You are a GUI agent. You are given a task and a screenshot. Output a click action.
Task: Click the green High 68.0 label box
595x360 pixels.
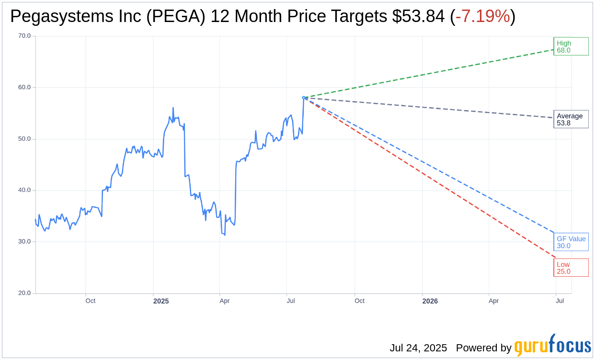(571, 46)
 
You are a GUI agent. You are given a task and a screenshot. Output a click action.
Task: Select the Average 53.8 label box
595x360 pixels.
(571, 119)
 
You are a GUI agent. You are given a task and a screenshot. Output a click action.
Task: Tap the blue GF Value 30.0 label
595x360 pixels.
(571, 242)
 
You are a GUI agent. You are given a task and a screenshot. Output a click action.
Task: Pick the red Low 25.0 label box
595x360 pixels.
(571, 268)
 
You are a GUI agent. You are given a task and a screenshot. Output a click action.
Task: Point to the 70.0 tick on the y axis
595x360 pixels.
(24, 36)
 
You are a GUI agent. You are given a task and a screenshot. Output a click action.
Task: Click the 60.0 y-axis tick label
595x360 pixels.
(24, 87)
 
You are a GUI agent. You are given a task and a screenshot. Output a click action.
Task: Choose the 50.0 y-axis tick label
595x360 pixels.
(24, 139)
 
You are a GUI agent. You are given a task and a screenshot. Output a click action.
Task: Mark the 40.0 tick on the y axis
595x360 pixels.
(24, 190)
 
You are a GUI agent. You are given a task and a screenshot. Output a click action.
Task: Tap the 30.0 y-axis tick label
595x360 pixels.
(24, 242)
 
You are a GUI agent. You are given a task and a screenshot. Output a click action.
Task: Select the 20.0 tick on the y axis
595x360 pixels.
(24, 293)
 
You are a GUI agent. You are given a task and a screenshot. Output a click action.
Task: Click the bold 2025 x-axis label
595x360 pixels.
(161, 301)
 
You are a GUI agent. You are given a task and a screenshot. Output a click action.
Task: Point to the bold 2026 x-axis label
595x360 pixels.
(430, 301)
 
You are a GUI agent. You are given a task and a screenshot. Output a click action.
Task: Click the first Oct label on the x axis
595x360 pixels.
(90, 301)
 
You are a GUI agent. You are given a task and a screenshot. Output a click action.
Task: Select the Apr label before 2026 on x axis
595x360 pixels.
(224, 301)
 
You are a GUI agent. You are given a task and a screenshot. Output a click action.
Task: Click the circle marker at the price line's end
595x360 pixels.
(304, 98)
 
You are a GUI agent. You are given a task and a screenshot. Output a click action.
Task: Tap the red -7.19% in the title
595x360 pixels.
(482, 17)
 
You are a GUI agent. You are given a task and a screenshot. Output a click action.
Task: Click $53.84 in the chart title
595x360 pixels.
(418, 17)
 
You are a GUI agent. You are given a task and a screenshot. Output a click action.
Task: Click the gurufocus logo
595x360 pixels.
(552, 346)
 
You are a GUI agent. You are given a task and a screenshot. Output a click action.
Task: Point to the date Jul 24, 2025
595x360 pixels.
(418, 348)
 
